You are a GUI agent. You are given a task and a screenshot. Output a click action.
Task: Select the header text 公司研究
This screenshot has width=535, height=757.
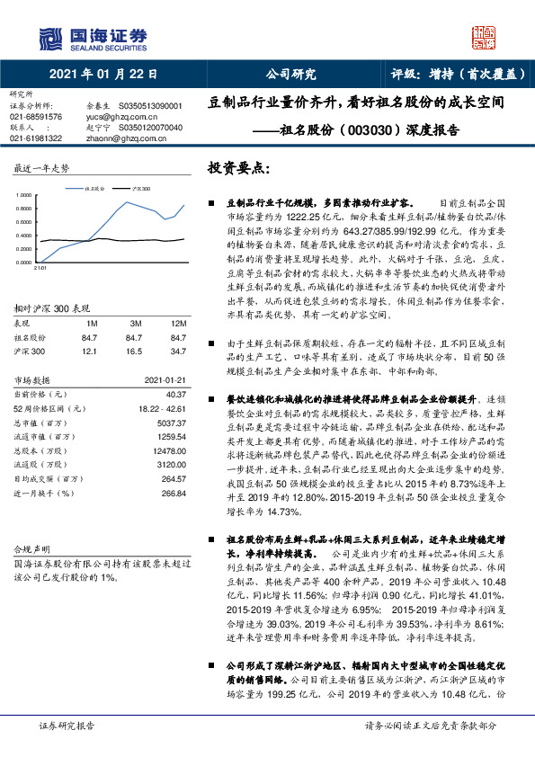tap(291, 75)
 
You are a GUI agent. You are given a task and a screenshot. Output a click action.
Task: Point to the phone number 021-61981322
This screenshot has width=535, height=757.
tap(36, 138)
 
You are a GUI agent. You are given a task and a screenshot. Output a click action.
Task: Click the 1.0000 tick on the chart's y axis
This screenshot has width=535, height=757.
tap(22, 195)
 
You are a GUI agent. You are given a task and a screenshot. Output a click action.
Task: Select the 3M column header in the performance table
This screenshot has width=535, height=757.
tap(137, 323)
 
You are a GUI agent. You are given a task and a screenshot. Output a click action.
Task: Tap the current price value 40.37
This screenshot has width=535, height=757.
tap(175, 393)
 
